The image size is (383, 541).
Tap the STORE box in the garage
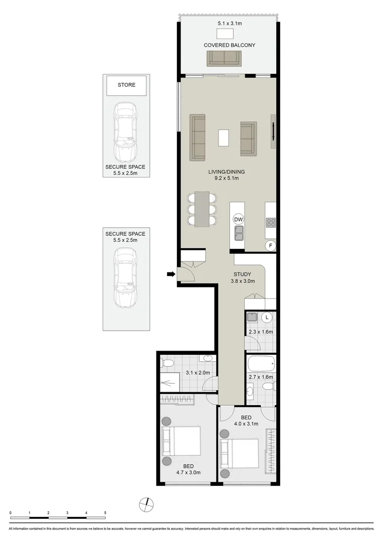(x=126, y=85)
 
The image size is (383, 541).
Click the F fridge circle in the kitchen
(x=270, y=245)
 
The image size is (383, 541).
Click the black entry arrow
(x=171, y=274)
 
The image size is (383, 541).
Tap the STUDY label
(x=242, y=274)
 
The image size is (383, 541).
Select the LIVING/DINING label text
(x=223, y=172)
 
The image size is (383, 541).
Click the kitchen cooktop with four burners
(x=270, y=222)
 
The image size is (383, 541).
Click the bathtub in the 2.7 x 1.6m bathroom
(x=261, y=362)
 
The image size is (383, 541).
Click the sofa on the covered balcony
(x=223, y=59)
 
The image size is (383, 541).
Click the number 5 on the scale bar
(x=105, y=513)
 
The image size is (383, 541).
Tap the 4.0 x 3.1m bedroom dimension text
(x=246, y=424)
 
